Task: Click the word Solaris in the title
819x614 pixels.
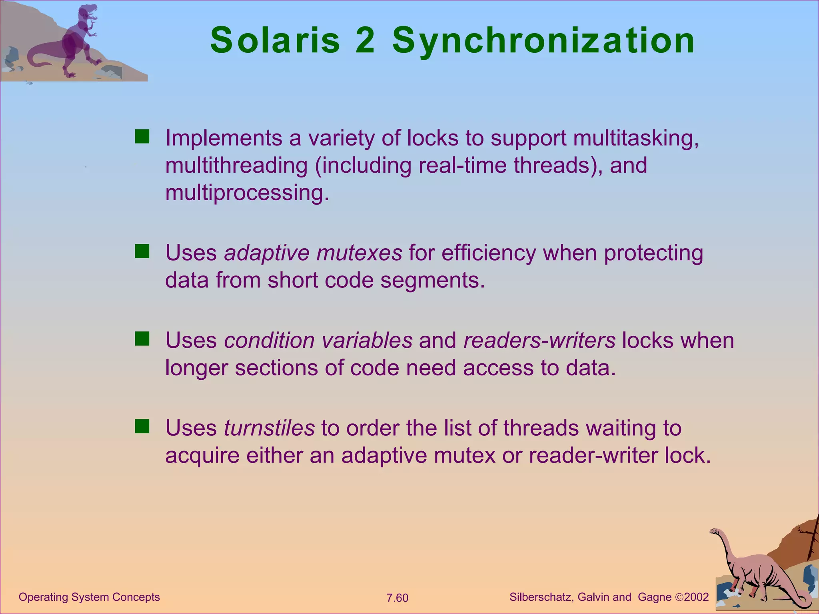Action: (x=275, y=41)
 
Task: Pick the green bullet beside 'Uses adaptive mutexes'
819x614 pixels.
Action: (x=142, y=251)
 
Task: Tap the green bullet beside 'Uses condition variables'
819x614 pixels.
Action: (x=142, y=339)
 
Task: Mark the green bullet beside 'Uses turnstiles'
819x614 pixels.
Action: (x=142, y=427)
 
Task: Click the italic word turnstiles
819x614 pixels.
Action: (x=269, y=428)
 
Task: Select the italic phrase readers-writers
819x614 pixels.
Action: (x=539, y=340)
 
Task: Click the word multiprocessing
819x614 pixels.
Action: (x=247, y=193)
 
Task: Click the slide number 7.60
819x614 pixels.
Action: (x=397, y=598)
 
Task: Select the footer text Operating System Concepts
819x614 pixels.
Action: (x=89, y=597)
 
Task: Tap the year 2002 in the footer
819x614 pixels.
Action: (x=696, y=597)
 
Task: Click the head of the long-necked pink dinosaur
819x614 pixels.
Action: (x=716, y=532)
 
